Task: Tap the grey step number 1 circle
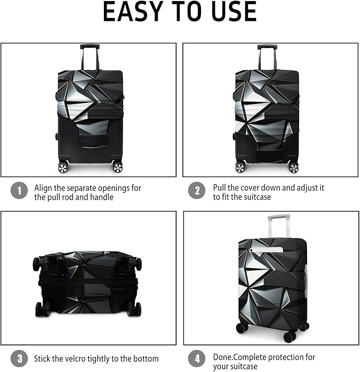click(19, 191)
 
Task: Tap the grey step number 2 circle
click(197, 191)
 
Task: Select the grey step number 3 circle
click(19, 359)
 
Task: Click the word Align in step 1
click(44, 188)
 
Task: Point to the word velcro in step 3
click(80, 359)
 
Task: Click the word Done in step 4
click(223, 357)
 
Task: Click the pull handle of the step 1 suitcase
click(90, 47)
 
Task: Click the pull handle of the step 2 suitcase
click(267, 47)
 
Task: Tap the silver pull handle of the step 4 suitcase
click(279, 217)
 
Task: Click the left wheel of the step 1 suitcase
click(64, 167)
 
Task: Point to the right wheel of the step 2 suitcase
click(293, 167)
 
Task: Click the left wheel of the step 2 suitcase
click(241, 167)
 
